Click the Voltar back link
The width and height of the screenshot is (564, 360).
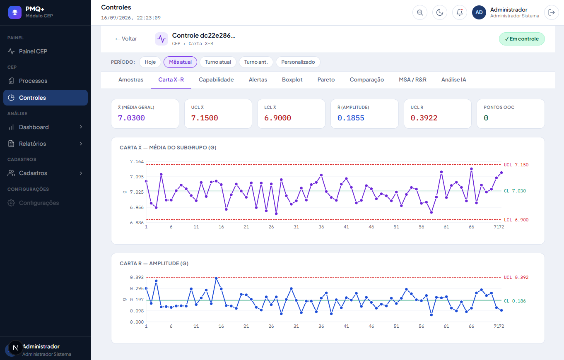click(126, 39)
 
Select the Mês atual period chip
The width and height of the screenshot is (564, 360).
click(180, 62)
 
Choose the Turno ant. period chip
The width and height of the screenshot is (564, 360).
click(256, 62)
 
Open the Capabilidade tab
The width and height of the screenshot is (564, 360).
click(216, 79)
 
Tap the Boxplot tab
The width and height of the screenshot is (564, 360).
click(292, 79)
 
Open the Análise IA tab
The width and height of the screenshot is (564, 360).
click(453, 79)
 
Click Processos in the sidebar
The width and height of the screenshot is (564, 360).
click(33, 81)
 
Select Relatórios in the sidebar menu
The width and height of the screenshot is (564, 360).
click(32, 144)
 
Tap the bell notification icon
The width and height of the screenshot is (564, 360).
click(460, 12)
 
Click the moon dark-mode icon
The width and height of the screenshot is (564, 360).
click(440, 12)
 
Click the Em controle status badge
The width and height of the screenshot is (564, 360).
click(522, 39)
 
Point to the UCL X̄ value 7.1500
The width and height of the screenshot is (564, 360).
click(205, 118)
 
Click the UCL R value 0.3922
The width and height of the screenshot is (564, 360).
click(424, 118)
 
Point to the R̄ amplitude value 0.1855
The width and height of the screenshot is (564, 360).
click(351, 118)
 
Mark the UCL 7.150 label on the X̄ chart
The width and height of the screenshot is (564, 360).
click(516, 165)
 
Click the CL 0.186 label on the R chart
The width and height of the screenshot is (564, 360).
click(515, 301)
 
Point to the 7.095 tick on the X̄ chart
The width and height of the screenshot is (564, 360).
click(137, 177)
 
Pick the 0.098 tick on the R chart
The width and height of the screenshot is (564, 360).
click(137, 311)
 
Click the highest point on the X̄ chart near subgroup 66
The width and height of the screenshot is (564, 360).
click(471, 169)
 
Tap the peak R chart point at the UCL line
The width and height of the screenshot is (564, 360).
click(216, 278)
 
